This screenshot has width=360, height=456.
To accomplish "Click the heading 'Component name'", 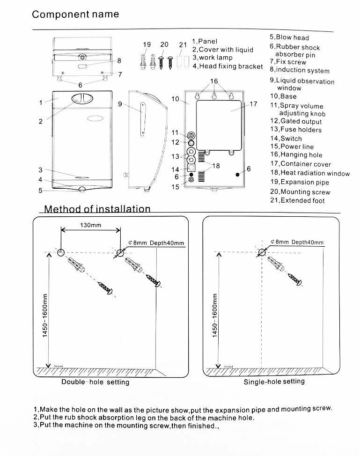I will click(x=75, y=14).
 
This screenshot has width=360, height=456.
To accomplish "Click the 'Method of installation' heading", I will click(x=97, y=209).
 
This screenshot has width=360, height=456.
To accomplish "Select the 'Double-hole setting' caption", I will click(x=96, y=382).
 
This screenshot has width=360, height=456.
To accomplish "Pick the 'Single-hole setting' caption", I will click(x=274, y=382).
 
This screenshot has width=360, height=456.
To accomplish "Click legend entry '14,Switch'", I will click(x=286, y=138).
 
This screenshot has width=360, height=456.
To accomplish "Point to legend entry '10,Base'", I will click(x=283, y=96).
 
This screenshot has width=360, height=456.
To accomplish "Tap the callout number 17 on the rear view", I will click(x=253, y=104).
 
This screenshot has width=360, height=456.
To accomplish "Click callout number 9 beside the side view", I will click(x=120, y=104).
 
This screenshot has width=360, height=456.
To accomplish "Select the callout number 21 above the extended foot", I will click(x=183, y=45).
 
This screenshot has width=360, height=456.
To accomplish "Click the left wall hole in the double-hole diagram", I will click(x=61, y=253).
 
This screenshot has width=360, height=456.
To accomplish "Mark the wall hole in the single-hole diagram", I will click(x=261, y=252).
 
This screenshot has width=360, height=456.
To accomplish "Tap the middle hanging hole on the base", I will click(x=214, y=96).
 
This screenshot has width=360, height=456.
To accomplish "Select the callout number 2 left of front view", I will click(x=41, y=121).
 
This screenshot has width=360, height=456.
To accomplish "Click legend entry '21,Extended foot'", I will click(x=297, y=200).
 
